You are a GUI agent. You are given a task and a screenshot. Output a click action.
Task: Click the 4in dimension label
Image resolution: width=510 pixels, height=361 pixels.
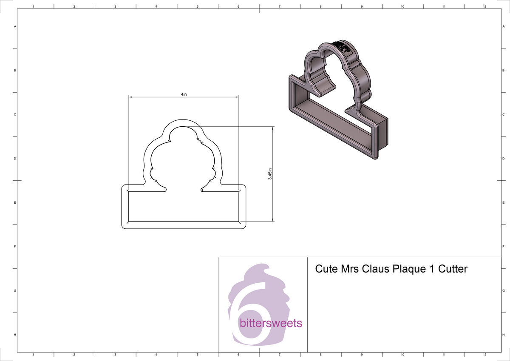click(184, 94)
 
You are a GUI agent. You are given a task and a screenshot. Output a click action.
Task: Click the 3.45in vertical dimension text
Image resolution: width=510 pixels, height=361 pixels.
click(270, 174)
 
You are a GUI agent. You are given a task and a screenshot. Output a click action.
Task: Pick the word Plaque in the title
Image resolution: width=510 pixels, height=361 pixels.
click(408, 269)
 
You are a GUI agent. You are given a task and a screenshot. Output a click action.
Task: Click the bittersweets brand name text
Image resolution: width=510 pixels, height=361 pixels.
click(271, 323)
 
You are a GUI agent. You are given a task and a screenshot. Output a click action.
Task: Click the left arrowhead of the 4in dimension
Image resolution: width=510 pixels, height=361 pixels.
click(130, 97)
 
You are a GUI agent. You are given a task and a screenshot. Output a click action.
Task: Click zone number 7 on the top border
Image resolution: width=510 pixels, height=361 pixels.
click(279, 6)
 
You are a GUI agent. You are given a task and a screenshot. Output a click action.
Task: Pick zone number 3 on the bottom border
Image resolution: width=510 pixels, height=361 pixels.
click(115, 354)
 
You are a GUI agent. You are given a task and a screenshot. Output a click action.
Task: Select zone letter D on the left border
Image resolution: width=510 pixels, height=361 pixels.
click(15, 159)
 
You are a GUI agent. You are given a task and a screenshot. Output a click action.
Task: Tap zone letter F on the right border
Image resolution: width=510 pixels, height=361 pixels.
click(503, 247)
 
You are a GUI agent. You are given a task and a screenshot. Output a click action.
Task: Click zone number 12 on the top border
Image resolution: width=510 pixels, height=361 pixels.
click(484, 6)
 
